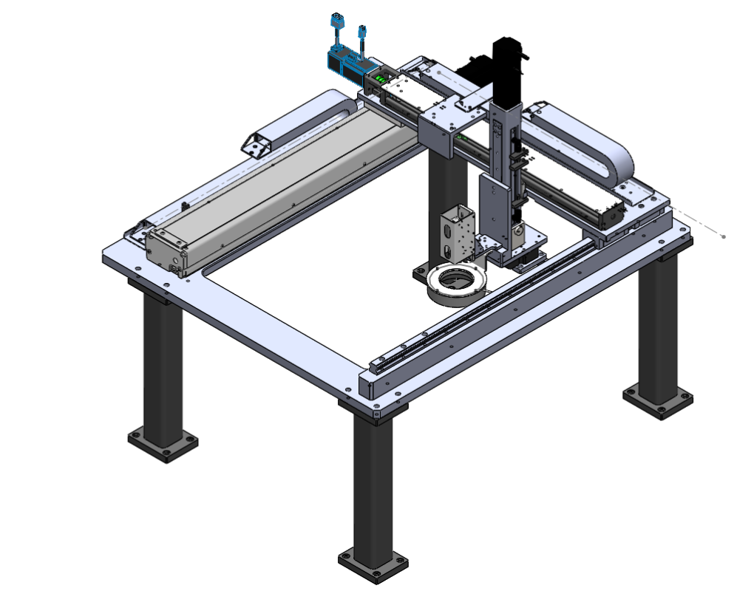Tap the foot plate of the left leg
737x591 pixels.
click(x=163, y=443)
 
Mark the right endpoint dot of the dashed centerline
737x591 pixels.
click(x=723, y=236)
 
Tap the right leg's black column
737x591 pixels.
click(x=657, y=325)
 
